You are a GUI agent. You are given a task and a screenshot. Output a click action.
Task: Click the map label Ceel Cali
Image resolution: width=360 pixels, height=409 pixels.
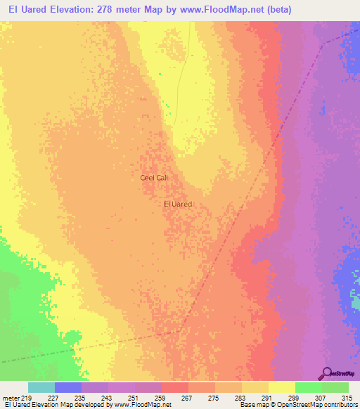(154, 178)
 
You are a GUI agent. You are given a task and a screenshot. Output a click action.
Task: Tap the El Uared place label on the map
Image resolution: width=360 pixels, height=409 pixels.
(177, 204)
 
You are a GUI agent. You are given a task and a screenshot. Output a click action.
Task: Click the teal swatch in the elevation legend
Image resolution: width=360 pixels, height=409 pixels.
(41, 387)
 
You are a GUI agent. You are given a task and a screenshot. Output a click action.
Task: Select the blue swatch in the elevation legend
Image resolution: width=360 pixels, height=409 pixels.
(68, 387)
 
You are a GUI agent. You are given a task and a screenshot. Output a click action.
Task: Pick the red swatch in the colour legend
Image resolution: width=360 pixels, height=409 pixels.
(175, 387)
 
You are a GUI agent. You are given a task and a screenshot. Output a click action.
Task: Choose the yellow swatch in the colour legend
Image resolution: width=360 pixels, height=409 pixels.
(281, 387)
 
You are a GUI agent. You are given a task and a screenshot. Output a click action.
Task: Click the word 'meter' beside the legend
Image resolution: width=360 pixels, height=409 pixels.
(10, 397)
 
